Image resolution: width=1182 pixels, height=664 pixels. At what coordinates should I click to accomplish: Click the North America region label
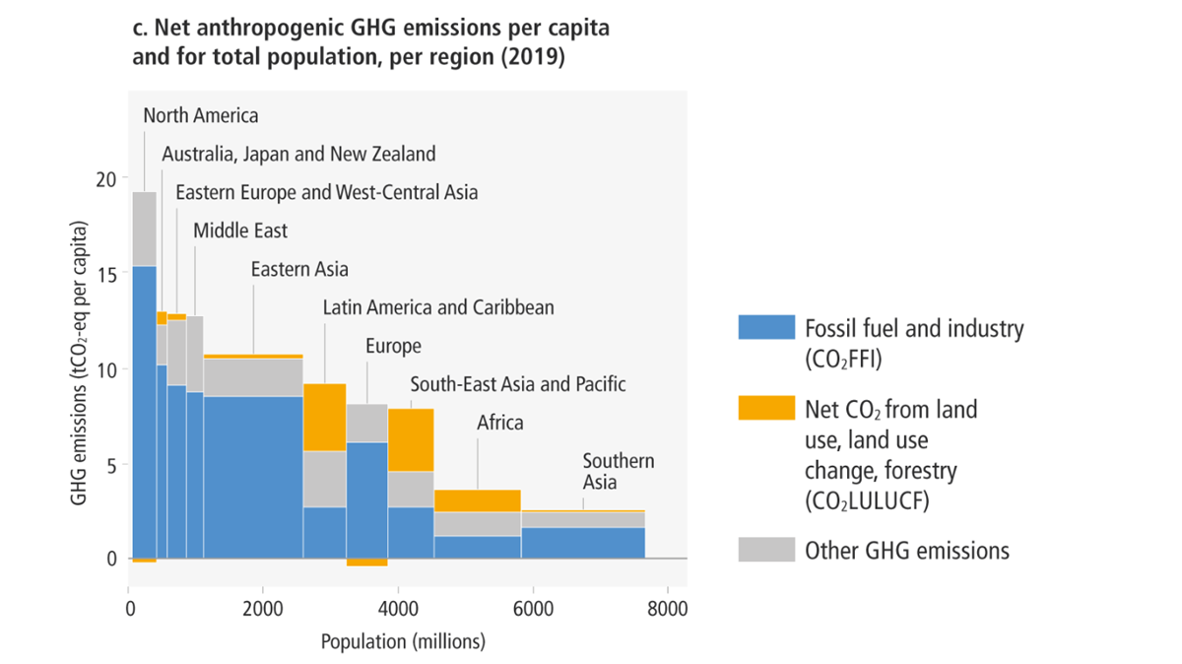(201, 116)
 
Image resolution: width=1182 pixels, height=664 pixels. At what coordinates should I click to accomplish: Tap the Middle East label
(240, 232)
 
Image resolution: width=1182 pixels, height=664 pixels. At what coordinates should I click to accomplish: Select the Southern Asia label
(618, 471)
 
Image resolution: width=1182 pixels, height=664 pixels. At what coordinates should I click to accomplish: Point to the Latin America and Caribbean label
(438, 307)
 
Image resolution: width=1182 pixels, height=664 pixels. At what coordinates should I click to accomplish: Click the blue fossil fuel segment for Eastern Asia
(253, 477)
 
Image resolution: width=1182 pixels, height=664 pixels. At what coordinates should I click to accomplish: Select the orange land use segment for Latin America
(324, 417)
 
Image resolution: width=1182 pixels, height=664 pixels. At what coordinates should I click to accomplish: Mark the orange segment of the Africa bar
(478, 500)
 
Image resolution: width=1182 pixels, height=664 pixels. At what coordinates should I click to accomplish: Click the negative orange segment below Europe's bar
(366, 563)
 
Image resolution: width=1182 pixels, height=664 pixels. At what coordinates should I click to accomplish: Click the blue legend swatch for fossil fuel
(765, 328)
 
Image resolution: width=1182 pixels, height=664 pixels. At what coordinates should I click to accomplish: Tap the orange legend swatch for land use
(765, 408)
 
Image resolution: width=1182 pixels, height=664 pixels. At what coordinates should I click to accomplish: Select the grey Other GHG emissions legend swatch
(765, 550)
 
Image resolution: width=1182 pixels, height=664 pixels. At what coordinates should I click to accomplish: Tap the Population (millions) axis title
(404, 642)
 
